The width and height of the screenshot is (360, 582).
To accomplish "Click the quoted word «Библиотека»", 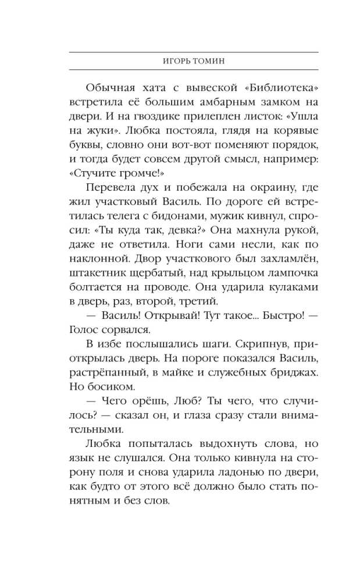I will click(280, 88).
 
